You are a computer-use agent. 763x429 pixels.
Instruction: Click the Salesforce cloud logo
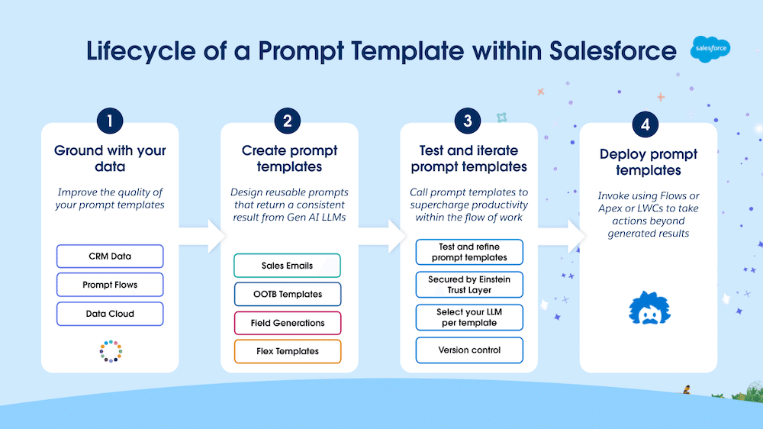(710, 49)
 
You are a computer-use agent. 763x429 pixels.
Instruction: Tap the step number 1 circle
(110, 121)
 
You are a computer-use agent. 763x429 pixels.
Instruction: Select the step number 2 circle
(288, 121)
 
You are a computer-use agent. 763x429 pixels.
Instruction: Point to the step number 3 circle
(468, 121)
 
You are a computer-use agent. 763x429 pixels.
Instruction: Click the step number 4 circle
(645, 125)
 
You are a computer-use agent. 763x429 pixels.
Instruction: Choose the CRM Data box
(110, 256)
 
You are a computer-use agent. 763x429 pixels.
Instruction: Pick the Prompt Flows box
(110, 285)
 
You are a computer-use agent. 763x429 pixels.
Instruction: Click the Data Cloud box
(110, 314)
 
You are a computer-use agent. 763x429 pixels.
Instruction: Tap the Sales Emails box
(287, 266)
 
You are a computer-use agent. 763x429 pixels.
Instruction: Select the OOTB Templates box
(287, 294)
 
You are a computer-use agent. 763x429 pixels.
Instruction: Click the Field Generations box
(287, 323)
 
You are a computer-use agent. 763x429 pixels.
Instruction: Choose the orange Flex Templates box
(287, 351)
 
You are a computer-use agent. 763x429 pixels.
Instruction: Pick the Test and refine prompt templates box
(469, 252)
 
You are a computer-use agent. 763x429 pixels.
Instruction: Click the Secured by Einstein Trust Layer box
(469, 285)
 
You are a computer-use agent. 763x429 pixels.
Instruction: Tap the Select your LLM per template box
(469, 317)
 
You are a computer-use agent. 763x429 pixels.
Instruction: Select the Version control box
(469, 350)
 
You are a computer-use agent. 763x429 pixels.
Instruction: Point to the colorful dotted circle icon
(111, 350)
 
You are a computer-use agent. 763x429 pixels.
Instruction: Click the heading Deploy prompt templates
(648, 162)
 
